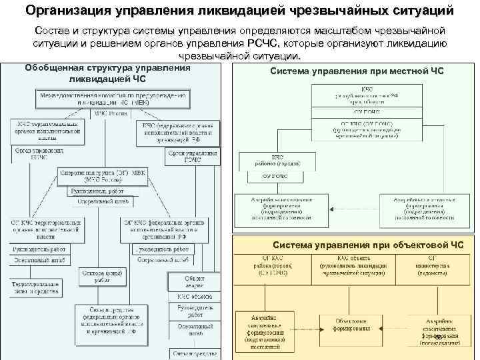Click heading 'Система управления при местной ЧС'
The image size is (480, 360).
point(357,71)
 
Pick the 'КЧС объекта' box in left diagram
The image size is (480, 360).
point(195,295)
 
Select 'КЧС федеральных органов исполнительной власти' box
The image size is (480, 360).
point(177,133)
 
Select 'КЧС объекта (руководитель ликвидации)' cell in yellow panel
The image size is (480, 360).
point(353,263)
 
